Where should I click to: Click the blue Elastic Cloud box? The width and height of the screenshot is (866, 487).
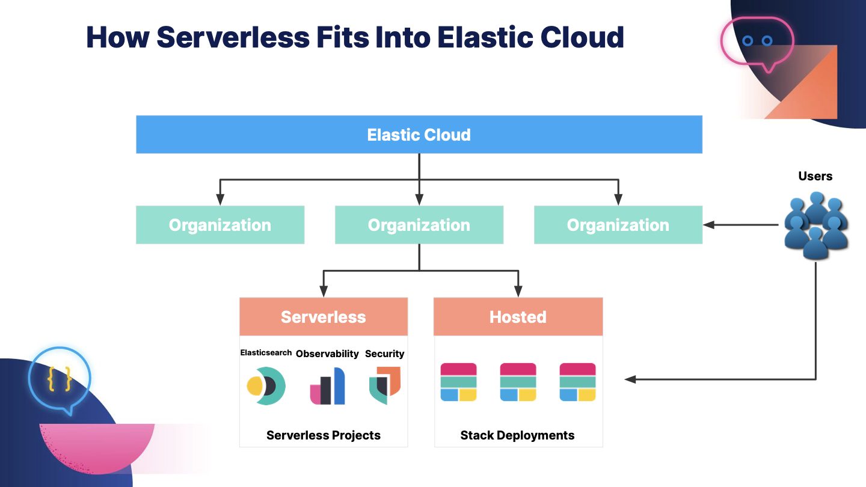point(419,135)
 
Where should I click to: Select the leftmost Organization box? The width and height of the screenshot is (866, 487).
point(220,225)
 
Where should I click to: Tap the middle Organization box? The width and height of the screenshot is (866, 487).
point(419,225)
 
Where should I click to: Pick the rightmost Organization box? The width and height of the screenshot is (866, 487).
point(618,225)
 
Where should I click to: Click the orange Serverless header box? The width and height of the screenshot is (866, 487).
point(324,316)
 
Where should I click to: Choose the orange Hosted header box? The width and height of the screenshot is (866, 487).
point(518,316)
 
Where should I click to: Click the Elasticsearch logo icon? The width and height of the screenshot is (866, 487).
point(266,386)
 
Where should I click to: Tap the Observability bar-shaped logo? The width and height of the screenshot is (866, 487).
point(327,386)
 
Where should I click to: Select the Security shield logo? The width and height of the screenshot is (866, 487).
point(385,386)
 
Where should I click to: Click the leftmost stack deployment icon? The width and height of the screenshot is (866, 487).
point(458,382)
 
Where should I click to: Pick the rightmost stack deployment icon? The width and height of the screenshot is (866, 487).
point(577,382)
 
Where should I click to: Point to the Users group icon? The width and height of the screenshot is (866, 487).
point(815,225)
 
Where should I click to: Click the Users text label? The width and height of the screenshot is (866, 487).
point(815,176)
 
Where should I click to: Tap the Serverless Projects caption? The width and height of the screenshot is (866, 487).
point(324,435)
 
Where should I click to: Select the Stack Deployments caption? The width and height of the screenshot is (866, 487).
point(518,435)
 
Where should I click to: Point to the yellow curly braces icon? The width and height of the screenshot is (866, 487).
point(59,378)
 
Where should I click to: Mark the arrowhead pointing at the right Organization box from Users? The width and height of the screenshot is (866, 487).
point(708,225)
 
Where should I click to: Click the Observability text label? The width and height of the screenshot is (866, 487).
point(327,354)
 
